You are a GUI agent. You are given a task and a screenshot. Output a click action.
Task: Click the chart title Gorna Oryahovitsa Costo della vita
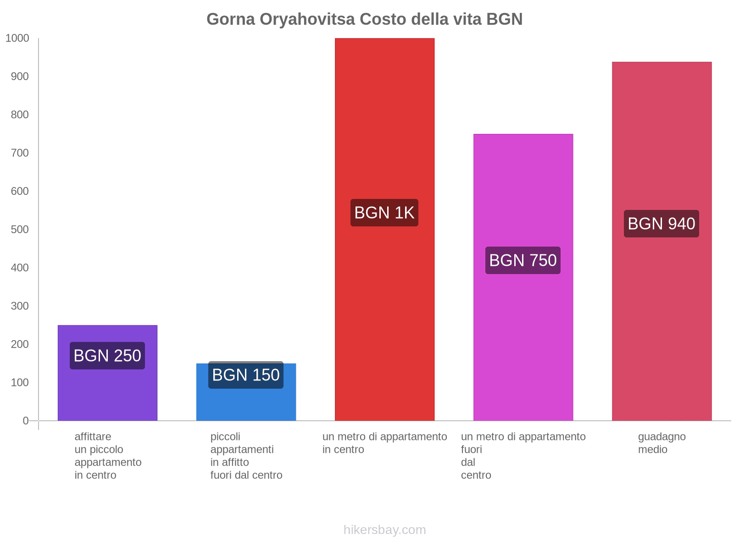coord(364,19)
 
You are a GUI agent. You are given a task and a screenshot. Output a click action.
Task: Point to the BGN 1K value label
coord(384,213)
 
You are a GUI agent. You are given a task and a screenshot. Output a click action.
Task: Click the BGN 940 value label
coord(661,224)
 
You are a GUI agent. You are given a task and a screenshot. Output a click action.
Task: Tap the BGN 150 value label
coord(246,375)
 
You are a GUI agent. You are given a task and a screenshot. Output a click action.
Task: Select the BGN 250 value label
coord(107,356)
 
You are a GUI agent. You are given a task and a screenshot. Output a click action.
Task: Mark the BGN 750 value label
coord(523,260)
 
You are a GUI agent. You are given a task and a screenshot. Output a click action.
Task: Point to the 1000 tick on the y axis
coord(17,38)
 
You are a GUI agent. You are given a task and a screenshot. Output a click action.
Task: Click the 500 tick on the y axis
coord(20,230)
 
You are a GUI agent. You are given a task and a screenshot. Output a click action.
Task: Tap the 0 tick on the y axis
coord(26,421)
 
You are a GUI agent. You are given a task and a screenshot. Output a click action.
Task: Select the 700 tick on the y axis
coord(20,153)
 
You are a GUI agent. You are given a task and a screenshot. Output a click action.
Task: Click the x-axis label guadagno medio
coord(662,443)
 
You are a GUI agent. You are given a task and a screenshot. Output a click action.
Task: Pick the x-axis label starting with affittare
coord(108,456)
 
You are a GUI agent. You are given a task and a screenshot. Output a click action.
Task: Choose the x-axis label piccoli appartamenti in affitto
coord(246,456)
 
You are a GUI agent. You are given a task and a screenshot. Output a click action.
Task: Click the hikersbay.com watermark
coord(384,530)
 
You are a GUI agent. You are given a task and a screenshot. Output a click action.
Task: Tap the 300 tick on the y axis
coord(20,306)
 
